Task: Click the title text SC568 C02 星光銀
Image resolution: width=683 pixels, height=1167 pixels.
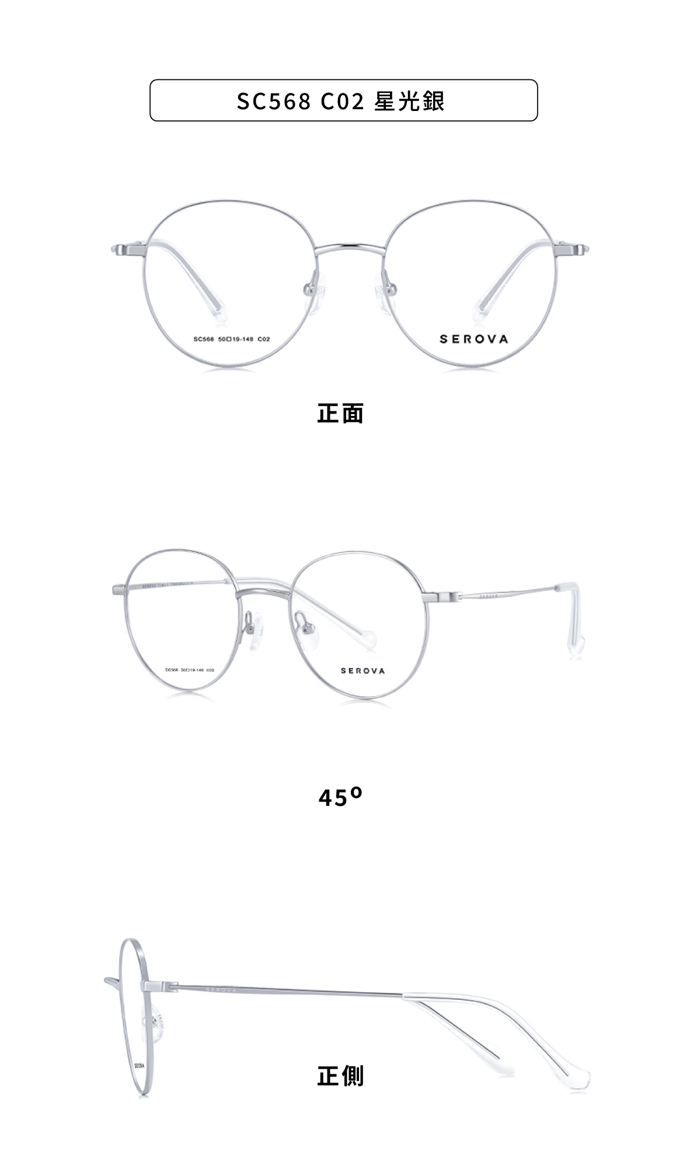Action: [341, 101]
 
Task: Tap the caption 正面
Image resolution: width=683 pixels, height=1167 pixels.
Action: [340, 413]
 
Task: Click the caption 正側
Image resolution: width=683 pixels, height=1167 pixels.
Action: [340, 1075]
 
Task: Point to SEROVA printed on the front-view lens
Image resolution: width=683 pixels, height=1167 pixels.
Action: [473, 339]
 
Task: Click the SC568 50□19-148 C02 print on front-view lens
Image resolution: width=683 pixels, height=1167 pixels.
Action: [232, 339]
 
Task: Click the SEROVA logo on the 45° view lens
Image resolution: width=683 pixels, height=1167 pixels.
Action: [363, 671]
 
